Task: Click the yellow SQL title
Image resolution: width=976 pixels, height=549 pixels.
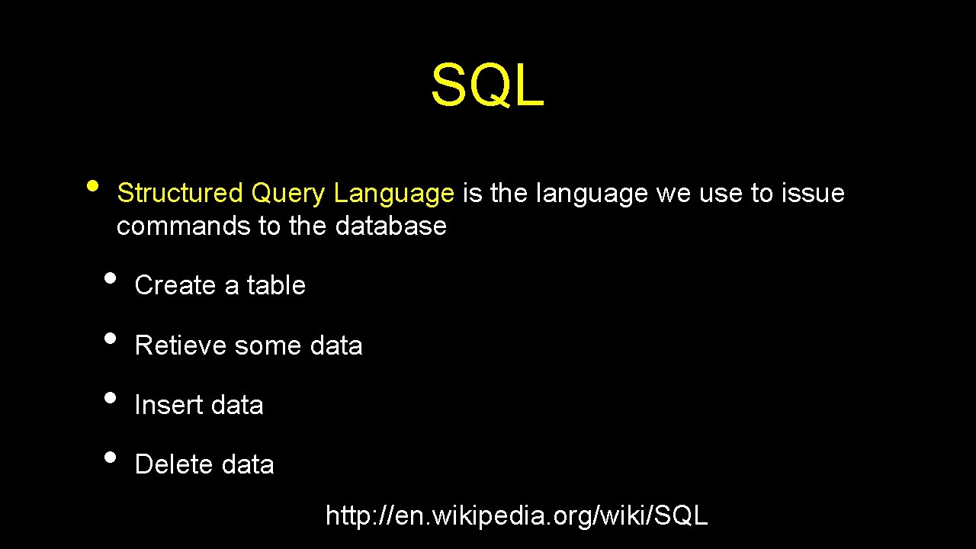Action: [487, 85]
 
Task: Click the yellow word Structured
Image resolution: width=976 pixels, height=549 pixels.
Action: [179, 194]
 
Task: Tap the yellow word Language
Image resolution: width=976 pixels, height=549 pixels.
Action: [393, 194]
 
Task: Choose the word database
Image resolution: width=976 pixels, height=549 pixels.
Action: [390, 226]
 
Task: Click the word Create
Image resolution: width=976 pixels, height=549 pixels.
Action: [175, 285]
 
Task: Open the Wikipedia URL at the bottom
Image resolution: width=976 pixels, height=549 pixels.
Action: [516, 516]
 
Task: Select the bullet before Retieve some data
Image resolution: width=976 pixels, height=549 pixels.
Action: [111, 338]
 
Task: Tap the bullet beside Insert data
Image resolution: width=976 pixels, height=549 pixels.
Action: [111, 397]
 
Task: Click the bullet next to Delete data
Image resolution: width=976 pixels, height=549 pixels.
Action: [111, 457]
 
